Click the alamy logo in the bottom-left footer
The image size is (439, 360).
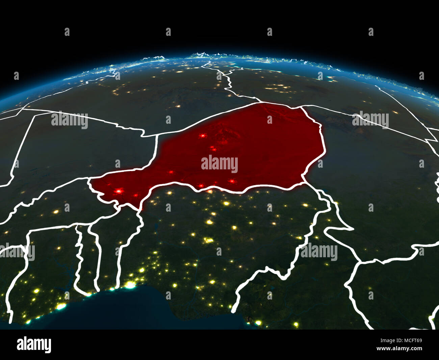click(x=34, y=344)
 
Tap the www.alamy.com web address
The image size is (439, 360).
click(x=399, y=349)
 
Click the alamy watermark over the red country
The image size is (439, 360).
click(x=219, y=164)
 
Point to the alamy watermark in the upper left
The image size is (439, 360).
click(x=70, y=120)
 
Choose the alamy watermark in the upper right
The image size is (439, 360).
click(x=370, y=120)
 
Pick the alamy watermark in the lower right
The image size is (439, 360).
click(x=319, y=252)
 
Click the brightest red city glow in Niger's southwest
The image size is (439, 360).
click(x=118, y=191)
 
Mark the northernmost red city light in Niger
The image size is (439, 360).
click(x=203, y=136)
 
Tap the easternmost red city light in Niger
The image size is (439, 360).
click(x=232, y=181)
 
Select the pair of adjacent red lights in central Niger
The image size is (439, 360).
click(x=213, y=148)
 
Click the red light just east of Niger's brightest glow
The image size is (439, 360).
click(x=135, y=195)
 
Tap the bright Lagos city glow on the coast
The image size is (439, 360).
click(x=130, y=286)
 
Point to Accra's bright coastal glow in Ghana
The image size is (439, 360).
click(x=61, y=307)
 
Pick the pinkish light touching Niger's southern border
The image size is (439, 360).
click(x=210, y=191)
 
